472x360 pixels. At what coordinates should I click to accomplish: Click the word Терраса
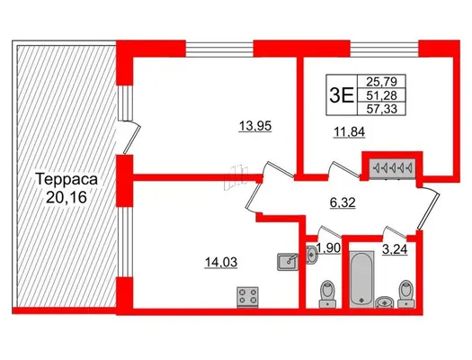click(x=67, y=179)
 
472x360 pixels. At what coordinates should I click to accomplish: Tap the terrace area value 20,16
click(x=67, y=197)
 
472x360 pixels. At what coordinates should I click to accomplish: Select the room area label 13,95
click(x=255, y=126)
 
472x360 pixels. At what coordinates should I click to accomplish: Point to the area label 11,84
click(x=349, y=131)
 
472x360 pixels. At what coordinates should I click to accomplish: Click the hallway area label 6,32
click(x=343, y=202)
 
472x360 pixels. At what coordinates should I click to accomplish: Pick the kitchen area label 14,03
click(x=221, y=262)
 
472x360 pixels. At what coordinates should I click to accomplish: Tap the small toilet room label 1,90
click(x=328, y=248)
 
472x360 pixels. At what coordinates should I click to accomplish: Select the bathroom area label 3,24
click(x=395, y=249)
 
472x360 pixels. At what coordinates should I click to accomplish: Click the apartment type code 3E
click(x=342, y=94)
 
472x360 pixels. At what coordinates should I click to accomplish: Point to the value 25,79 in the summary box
click(x=382, y=81)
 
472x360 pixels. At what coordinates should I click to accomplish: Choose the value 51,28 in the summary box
click(x=382, y=95)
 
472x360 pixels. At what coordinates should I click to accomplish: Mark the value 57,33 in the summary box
click(x=382, y=109)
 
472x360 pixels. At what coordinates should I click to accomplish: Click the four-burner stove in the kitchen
click(x=248, y=297)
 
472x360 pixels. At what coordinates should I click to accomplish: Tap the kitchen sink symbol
click(x=288, y=262)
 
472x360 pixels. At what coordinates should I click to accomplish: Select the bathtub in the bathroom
click(x=362, y=280)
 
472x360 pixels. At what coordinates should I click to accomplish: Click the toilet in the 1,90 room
click(x=327, y=293)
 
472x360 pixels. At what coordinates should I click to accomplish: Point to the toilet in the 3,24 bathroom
click(x=406, y=293)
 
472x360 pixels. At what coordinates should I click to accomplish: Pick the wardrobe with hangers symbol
click(x=393, y=167)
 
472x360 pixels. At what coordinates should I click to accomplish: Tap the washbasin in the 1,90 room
click(x=311, y=255)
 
